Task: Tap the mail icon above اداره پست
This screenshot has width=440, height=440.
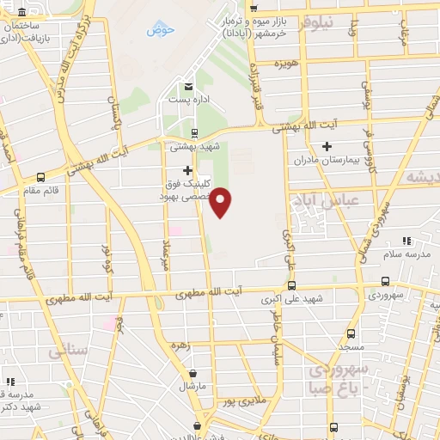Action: (187, 85)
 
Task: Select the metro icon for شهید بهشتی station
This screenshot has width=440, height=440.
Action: (195, 132)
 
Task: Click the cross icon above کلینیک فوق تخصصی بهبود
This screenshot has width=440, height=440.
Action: (188, 170)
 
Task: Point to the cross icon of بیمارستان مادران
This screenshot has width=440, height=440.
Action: (327, 147)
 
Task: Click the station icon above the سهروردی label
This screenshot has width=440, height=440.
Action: (385, 282)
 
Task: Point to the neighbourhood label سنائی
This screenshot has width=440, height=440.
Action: (68, 351)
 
